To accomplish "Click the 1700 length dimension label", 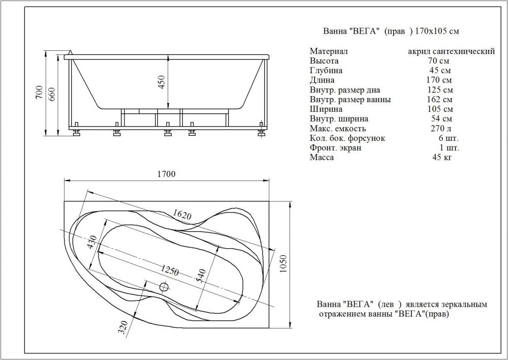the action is click(x=166, y=174).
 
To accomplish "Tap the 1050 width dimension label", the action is click(x=283, y=264).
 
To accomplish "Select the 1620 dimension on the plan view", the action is click(x=182, y=214).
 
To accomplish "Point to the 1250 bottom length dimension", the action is click(x=170, y=270).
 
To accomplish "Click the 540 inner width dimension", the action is click(x=201, y=276).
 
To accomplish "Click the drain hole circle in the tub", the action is click(x=164, y=287).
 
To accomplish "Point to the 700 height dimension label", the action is click(x=39, y=93).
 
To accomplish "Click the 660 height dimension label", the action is click(x=52, y=94).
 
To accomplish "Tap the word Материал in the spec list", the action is click(x=329, y=51).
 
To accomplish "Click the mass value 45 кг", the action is click(x=441, y=157).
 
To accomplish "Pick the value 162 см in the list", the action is click(x=440, y=99).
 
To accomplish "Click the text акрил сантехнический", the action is click(x=451, y=51).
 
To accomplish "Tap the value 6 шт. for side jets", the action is click(x=449, y=138).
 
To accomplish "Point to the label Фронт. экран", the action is click(x=335, y=148).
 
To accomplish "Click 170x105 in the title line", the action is click(x=431, y=31).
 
